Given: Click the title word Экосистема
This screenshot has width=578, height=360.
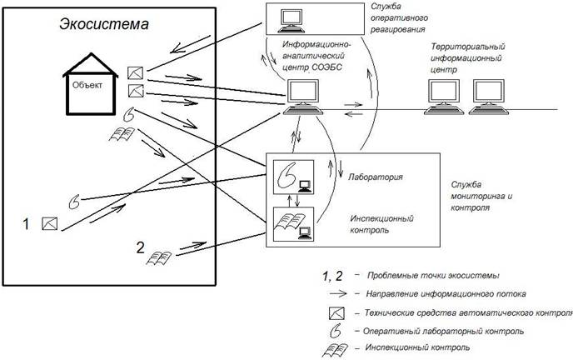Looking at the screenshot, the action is click(x=104, y=24).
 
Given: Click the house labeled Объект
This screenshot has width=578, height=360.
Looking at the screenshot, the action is click(x=90, y=84).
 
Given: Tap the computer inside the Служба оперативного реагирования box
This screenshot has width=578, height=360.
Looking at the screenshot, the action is click(x=291, y=21).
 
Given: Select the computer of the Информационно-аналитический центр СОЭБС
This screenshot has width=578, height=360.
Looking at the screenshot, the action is click(x=303, y=97).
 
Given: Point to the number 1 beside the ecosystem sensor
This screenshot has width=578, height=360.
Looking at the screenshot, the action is click(x=26, y=224).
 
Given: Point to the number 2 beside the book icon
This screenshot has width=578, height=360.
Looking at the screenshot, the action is click(x=140, y=247).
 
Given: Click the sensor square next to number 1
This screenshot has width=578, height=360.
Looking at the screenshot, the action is click(x=49, y=223).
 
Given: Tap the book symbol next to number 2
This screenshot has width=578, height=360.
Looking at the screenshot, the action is click(x=159, y=257).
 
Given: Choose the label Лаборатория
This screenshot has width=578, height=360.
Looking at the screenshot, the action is click(x=376, y=177).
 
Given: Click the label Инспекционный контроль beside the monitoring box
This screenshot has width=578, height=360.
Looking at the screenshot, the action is click(x=381, y=224).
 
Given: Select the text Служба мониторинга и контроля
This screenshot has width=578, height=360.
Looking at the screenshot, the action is click(x=481, y=196).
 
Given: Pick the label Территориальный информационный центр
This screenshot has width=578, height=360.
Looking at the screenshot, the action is click(x=467, y=57).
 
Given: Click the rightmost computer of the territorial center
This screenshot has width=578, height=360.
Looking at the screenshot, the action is click(x=489, y=97).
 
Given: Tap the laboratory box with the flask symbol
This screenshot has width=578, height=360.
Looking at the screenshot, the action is click(x=293, y=177).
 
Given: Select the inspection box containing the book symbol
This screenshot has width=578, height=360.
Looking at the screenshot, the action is click(x=293, y=224).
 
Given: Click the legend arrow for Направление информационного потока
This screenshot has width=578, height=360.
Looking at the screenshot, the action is click(x=338, y=293).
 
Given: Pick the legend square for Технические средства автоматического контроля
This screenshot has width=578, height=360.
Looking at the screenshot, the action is click(x=336, y=313).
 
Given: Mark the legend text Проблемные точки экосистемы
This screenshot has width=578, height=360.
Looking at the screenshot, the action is click(x=433, y=276).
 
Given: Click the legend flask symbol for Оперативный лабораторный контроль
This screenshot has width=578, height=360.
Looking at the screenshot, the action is click(x=336, y=331).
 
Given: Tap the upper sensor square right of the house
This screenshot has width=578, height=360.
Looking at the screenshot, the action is click(x=135, y=72).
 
